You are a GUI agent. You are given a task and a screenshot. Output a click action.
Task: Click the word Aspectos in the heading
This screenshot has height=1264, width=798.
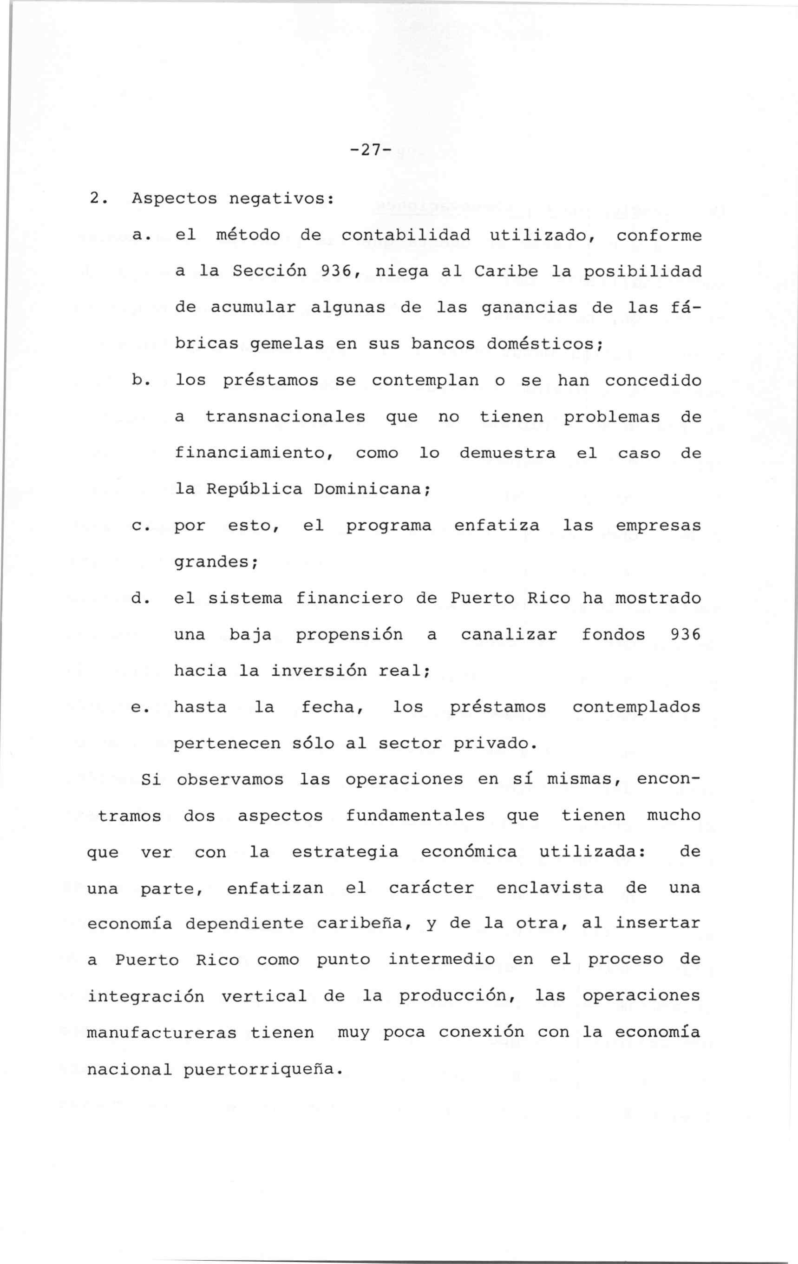point(174,199)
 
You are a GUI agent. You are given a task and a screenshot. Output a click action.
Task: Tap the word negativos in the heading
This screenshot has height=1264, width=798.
point(281,199)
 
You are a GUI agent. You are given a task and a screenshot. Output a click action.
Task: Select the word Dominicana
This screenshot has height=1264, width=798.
point(372,489)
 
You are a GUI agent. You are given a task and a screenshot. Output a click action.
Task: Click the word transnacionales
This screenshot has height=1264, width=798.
point(285,417)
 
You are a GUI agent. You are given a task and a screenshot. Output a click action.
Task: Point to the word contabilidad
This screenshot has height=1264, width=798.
point(406,235)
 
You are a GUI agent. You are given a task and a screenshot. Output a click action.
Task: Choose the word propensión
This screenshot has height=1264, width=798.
point(349,635)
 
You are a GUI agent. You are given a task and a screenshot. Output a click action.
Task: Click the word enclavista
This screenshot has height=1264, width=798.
point(550,888)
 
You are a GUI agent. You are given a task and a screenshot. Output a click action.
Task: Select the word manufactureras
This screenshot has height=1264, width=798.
point(162,1033)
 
